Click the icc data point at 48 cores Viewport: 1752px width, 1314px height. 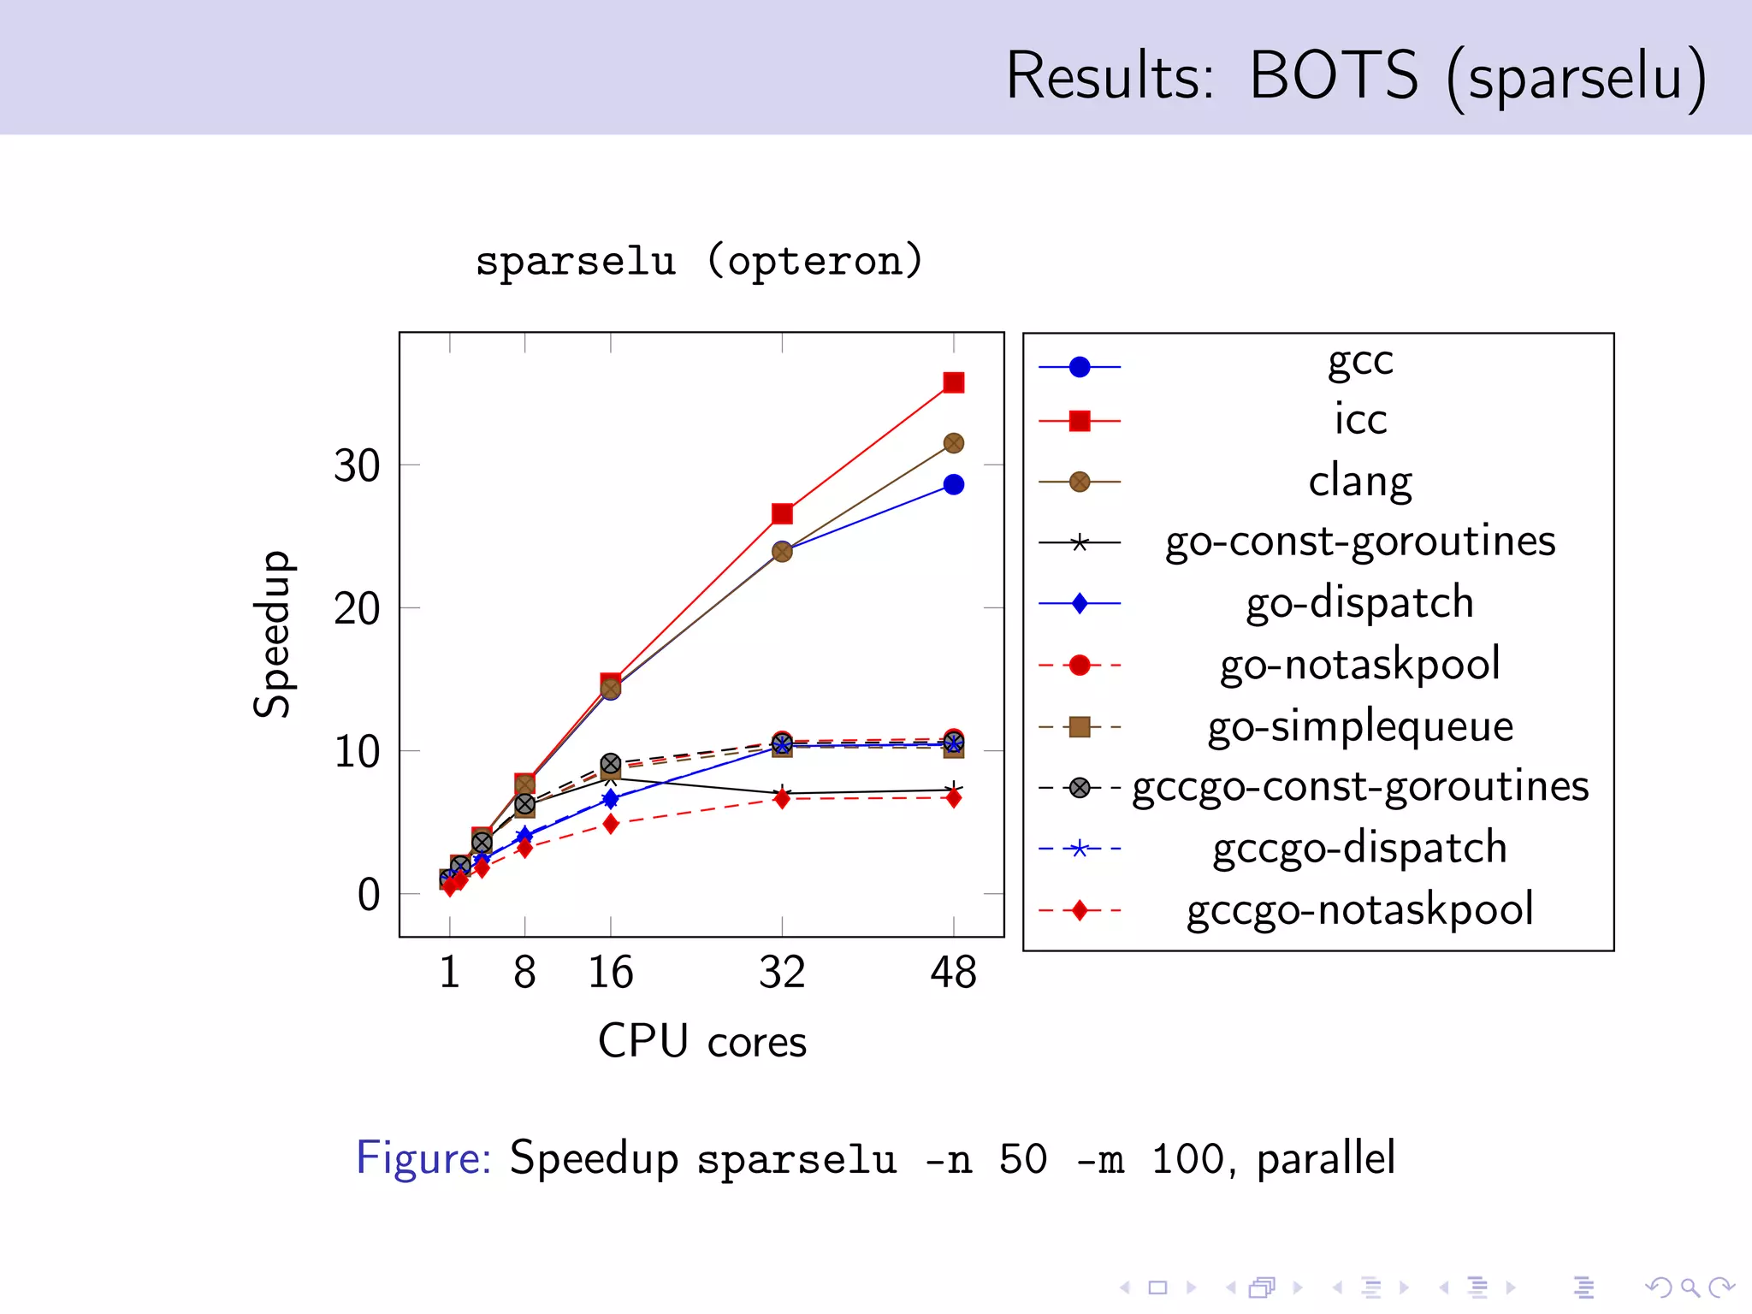coord(953,382)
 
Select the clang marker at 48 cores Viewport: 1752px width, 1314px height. coord(953,443)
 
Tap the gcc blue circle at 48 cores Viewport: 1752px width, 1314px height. coord(953,485)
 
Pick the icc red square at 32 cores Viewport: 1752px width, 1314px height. coord(782,513)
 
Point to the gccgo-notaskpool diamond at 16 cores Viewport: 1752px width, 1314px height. coord(610,824)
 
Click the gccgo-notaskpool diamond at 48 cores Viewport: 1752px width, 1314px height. coord(953,798)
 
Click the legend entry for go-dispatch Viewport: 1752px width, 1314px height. coord(1359,602)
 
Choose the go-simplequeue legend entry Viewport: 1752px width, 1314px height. coord(1359,725)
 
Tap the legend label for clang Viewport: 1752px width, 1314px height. coord(1359,481)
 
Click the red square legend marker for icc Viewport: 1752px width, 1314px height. coord(1080,421)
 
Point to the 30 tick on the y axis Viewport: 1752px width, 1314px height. coord(357,466)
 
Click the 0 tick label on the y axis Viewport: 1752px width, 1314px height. coord(369,895)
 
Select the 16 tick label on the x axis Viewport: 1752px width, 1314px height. coord(610,973)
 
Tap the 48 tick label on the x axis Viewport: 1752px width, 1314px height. coord(953,973)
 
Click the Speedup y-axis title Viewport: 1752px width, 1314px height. coord(273,634)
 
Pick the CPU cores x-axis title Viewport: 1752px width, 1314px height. coord(701,1041)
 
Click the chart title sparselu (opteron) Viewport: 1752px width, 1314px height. coord(699,261)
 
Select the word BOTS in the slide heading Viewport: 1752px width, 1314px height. coord(1333,75)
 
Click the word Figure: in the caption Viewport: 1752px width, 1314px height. coord(423,1158)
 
